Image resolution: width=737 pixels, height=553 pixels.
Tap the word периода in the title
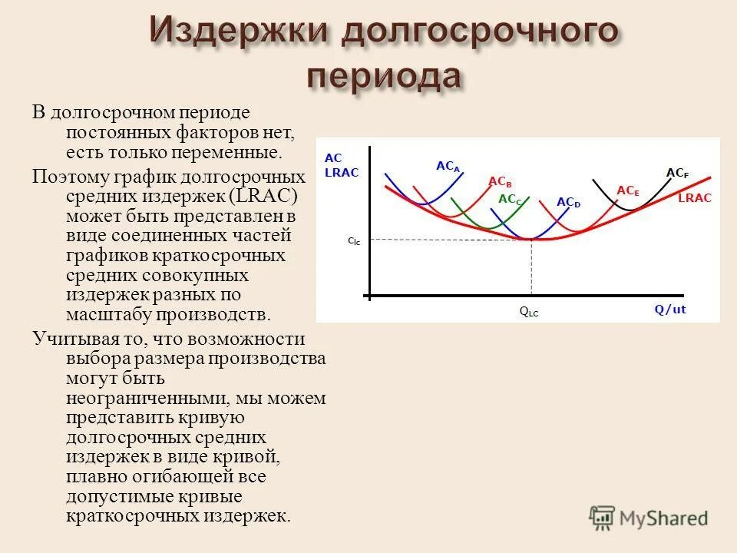(386, 78)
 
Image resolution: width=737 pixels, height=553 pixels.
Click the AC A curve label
(448, 166)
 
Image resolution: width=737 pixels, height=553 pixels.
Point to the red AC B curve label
(500, 182)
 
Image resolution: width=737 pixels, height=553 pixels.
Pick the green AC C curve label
(510, 199)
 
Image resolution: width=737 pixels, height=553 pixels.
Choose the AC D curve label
(569, 202)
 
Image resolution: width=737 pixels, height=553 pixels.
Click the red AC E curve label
(628, 190)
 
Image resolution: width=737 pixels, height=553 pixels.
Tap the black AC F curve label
(677, 174)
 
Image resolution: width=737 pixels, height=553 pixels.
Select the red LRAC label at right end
(695, 198)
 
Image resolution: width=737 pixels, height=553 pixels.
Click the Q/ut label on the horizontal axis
(670, 310)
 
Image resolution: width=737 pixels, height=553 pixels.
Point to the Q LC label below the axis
(529, 313)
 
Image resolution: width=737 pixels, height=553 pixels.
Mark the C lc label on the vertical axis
(353, 241)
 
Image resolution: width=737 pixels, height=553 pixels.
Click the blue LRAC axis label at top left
(342, 173)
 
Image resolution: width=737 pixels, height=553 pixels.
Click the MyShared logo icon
(603, 518)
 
